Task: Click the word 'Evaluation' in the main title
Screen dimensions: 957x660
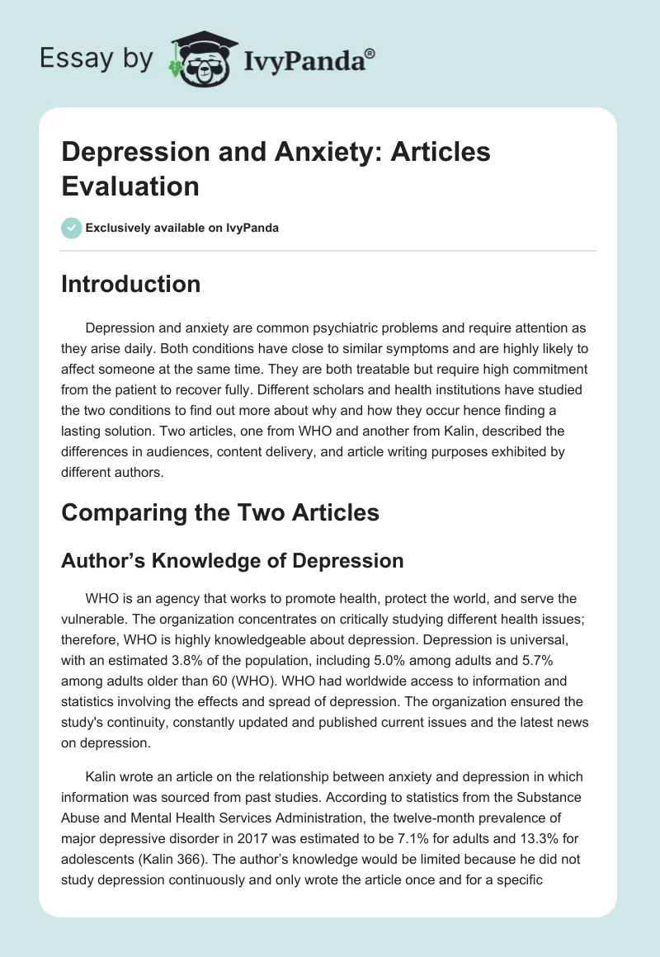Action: [x=130, y=186]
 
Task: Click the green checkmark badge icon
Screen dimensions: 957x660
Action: [x=71, y=228]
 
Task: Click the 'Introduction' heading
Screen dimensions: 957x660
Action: [x=130, y=284]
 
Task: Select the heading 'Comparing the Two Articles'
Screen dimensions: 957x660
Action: [x=220, y=512]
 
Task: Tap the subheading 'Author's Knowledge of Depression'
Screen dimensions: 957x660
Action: [x=232, y=561]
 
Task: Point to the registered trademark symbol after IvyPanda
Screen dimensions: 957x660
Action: [x=370, y=53]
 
